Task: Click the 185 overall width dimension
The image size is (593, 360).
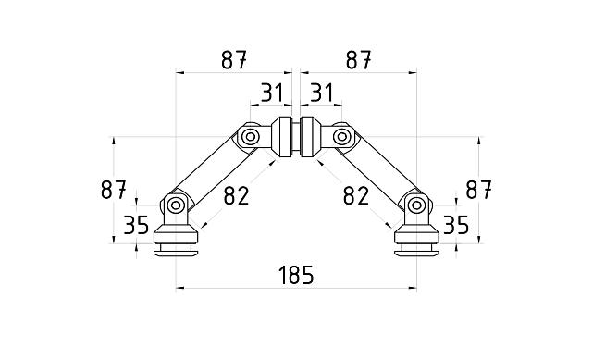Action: [294, 274]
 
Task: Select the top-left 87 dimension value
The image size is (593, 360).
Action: [235, 59]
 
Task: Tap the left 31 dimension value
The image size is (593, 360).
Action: [270, 93]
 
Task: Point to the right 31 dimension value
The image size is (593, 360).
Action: [320, 93]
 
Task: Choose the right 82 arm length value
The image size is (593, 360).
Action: [356, 195]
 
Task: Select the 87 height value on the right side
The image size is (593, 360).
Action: [477, 190]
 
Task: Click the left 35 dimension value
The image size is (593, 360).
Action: [137, 224]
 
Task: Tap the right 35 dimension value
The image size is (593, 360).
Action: [455, 224]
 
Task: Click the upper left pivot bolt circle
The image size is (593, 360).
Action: [249, 138]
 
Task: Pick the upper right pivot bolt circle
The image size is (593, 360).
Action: [342, 138]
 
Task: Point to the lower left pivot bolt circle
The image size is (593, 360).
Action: [175, 204]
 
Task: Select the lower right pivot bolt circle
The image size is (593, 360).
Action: [416, 204]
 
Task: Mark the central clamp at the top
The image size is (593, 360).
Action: [295, 136]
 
